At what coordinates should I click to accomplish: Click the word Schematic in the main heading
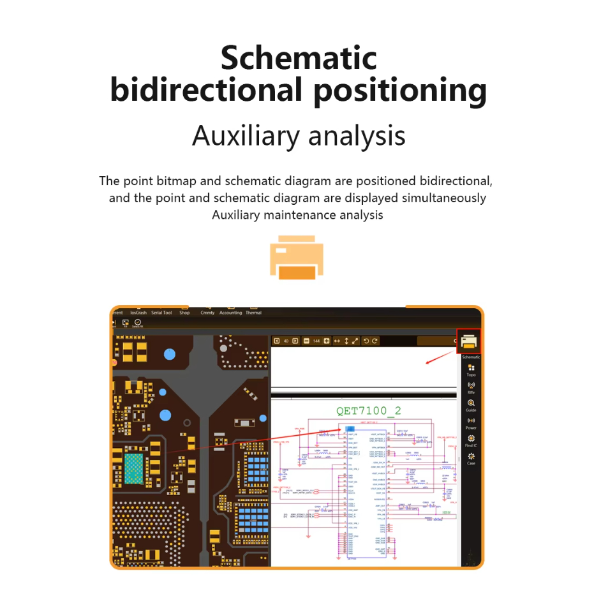click(x=299, y=59)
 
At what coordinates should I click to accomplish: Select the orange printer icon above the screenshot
click(x=296, y=257)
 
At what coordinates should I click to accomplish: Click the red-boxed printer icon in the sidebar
click(x=469, y=342)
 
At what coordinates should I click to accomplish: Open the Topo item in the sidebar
click(x=471, y=371)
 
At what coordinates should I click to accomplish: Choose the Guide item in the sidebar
click(x=471, y=406)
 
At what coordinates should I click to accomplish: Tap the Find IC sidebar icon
click(x=471, y=441)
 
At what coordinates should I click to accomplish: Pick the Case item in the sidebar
click(x=471, y=459)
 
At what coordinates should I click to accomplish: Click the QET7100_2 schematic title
click(x=369, y=411)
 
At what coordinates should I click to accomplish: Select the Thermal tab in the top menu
click(x=253, y=313)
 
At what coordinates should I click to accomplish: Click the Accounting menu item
click(x=230, y=313)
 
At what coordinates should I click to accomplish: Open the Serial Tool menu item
click(x=161, y=313)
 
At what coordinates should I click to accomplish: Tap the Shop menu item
click(x=184, y=313)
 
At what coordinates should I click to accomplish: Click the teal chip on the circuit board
click(x=134, y=469)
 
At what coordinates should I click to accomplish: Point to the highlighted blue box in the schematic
click(x=350, y=428)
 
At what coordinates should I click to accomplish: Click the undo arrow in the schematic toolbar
click(x=366, y=341)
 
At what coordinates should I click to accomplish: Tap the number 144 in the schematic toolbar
click(x=316, y=341)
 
